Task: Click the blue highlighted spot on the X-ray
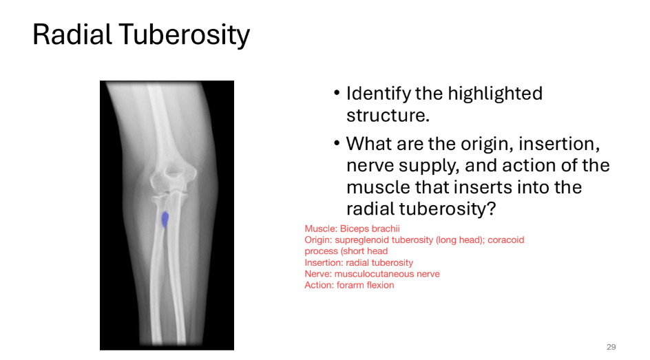pyautogui.click(x=165, y=219)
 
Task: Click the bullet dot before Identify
pyautogui.click(x=337, y=94)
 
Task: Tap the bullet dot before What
pyautogui.click(x=337, y=144)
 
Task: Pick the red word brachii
pyautogui.click(x=386, y=229)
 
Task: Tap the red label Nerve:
pyautogui.click(x=319, y=274)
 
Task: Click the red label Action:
pyautogui.click(x=320, y=285)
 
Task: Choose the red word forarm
pyautogui.click(x=353, y=285)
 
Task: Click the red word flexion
pyautogui.click(x=381, y=285)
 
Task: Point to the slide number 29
pyautogui.click(x=611, y=347)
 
